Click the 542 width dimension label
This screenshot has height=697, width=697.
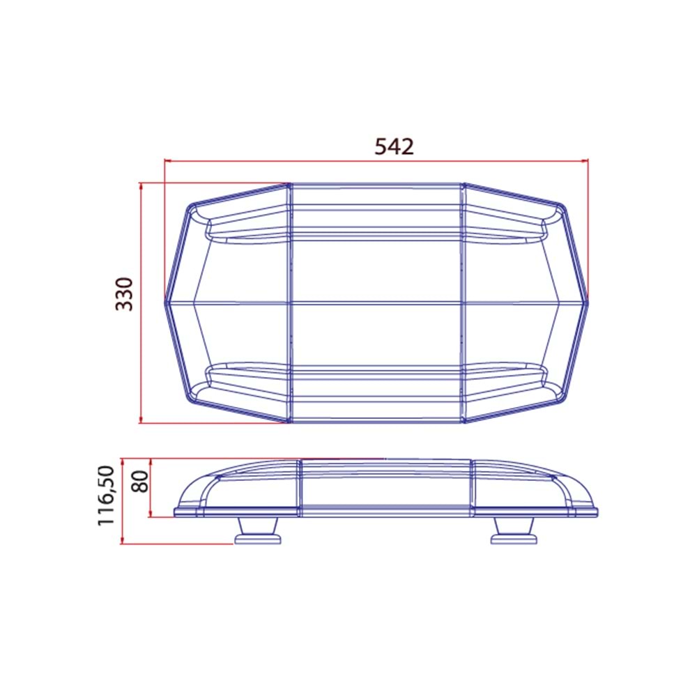pyautogui.click(x=394, y=146)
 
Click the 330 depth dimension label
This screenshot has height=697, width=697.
pyautogui.click(x=125, y=294)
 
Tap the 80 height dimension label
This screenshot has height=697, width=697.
pyautogui.click(x=141, y=482)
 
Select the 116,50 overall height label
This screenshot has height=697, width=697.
pyautogui.click(x=106, y=496)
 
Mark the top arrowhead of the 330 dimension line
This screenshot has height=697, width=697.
pyautogui.click(x=141, y=186)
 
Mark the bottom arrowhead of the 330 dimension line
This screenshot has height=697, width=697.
pyautogui.click(x=141, y=420)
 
